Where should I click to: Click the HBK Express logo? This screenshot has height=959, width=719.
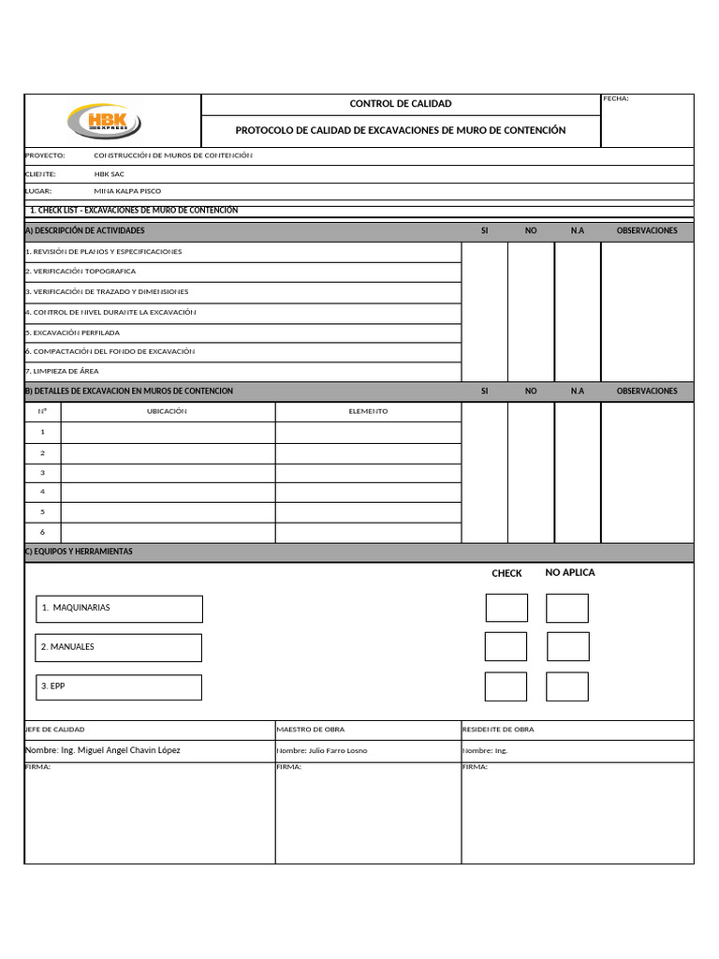point(103,121)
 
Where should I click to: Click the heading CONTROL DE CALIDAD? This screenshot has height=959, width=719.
point(400,104)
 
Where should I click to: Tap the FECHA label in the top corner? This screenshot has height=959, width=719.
point(616,98)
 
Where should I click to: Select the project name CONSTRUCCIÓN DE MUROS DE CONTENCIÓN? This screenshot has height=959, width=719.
point(173,156)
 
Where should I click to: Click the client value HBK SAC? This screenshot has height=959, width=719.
point(109,174)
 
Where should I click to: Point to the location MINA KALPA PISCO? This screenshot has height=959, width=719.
point(127,191)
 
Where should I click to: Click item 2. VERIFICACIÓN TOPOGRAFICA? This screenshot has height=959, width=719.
point(81,272)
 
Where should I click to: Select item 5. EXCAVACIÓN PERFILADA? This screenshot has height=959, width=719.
point(73,332)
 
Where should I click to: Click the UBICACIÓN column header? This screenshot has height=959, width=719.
point(168,412)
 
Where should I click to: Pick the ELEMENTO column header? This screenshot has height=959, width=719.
point(368,412)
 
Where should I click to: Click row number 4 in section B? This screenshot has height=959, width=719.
point(42,492)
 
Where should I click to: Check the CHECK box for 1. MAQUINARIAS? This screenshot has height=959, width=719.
point(506,608)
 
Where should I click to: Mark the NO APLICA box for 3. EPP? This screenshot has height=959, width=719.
point(567,686)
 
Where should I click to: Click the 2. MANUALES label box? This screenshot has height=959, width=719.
point(119,647)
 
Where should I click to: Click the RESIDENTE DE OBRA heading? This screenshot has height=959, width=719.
point(498,730)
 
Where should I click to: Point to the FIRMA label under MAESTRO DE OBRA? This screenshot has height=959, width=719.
point(288,766)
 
